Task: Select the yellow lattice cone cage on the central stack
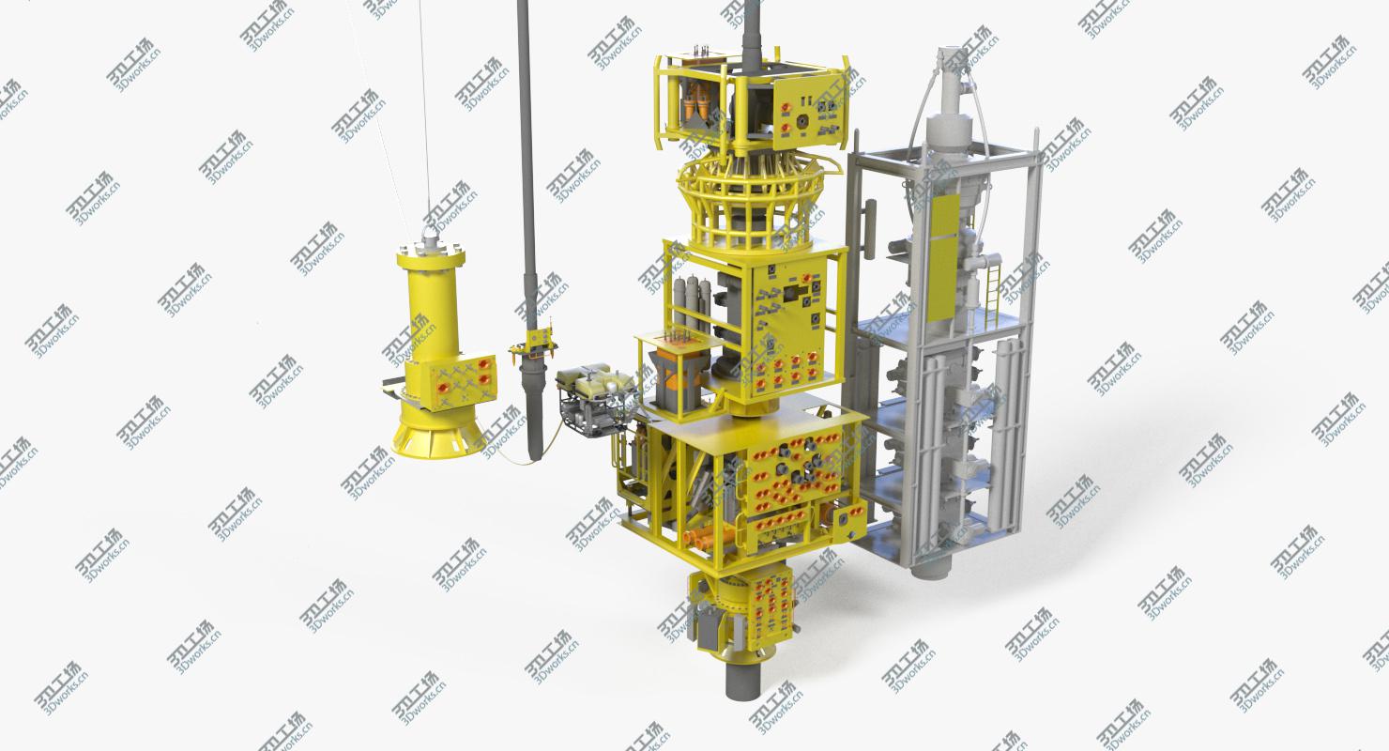click(x=749, y=202)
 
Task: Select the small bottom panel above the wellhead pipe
click(x=772, y=602)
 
